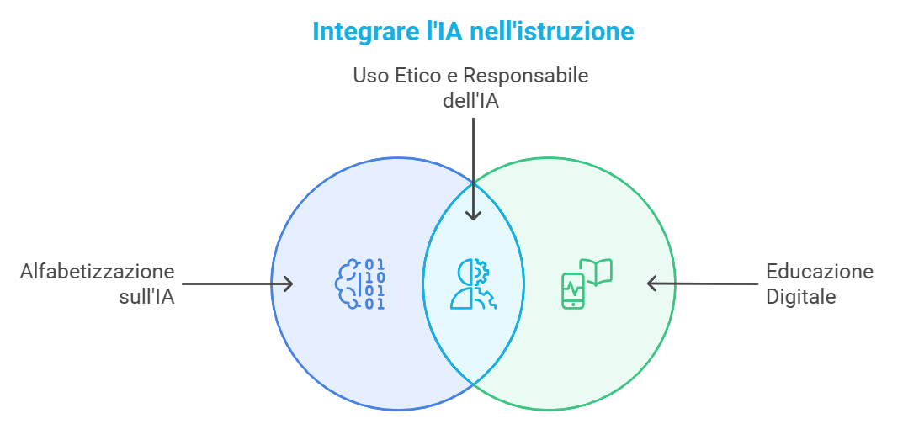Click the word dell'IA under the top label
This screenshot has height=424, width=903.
pyautogui.click(x=472, y=98)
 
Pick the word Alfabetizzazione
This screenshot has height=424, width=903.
pyautogui.click(x=97, y=272)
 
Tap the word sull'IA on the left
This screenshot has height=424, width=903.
pyautogui.click(x=146, y=296)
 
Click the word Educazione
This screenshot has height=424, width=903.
pyautogui.click(x=819, y=272)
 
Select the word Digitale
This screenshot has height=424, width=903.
pyautogui.click(x=800, y=296)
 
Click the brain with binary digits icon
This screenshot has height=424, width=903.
pyautogui.click(x=360, y=284)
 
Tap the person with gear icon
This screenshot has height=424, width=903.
pyautogui.click(x=473, y=284)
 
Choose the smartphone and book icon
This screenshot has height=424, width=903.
pyautogui.click(x=587, y=284)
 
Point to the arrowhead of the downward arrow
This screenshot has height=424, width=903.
pyautogui.click(x=473, y=214)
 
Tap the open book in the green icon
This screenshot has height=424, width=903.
pyautogui.click(x=597, y=272)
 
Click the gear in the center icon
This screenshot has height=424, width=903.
pyautogui.click(x=482, y=272)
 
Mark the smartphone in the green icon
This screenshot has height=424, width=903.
pyautogui.click(x=572, y=291)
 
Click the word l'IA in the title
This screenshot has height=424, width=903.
pyautogui.click(x=444, y=32)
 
